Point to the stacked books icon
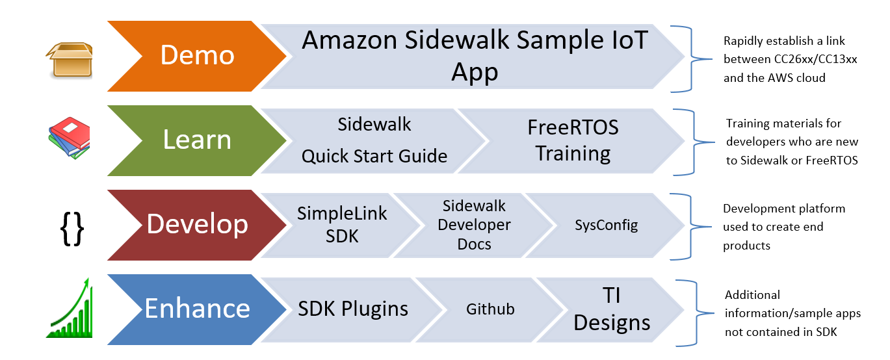(x=69, y=138)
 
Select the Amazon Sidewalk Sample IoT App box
(x=475, y=56)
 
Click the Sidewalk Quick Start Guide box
(x=374, y=140)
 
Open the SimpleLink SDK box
(x=342, y=225)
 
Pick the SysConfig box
(x=606, y=225)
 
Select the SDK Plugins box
(x=353, y=309)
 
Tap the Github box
(x=490, y=309)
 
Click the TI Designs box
(x=612, y=309)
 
